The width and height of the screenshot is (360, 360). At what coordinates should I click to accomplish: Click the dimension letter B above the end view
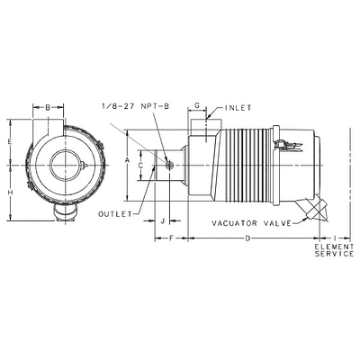point(47,107)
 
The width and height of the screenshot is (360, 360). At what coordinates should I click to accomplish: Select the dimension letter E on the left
point(9,143)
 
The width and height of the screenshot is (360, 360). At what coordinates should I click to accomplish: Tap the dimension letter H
point(9,193)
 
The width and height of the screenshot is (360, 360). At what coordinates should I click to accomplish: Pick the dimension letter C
point(141,165)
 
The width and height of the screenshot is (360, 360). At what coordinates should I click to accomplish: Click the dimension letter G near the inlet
point(196,106)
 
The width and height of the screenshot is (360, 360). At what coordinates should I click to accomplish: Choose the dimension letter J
point(162,220)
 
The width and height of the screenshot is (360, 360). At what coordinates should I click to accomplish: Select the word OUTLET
point(115,213)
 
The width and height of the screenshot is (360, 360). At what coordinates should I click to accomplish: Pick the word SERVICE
point(334,255)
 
